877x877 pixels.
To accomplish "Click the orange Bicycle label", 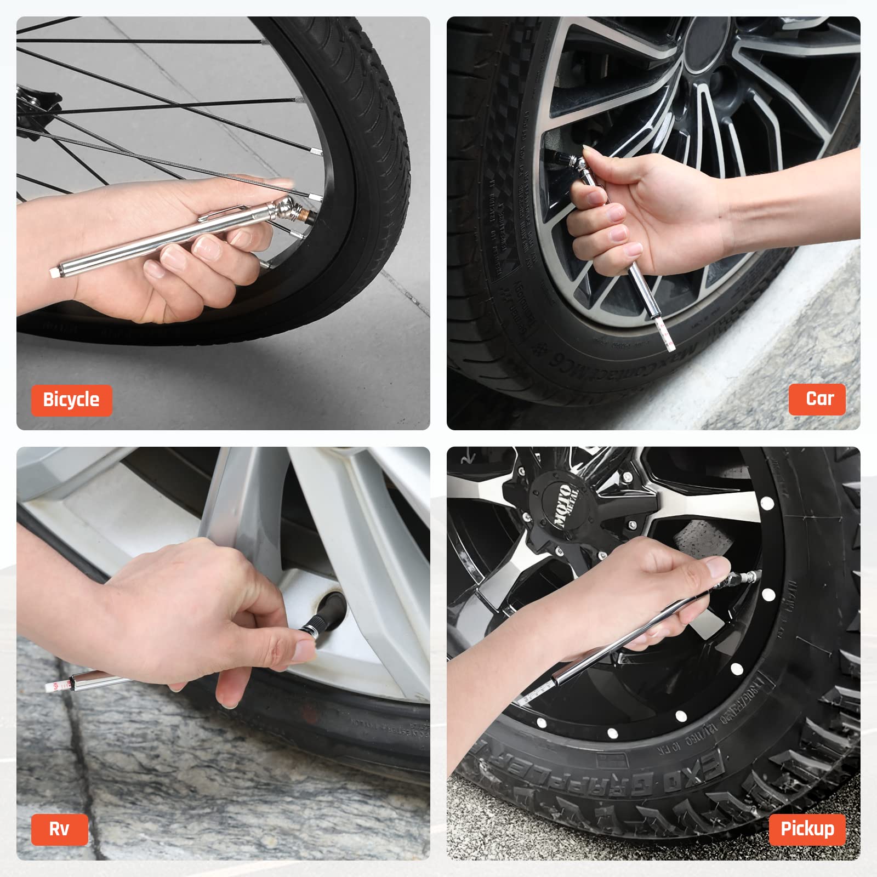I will click(71, 400).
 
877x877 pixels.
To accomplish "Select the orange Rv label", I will click(59, 829).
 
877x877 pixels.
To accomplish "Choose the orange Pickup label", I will click(807, 829).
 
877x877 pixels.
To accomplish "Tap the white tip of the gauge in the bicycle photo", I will click(55, 272).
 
